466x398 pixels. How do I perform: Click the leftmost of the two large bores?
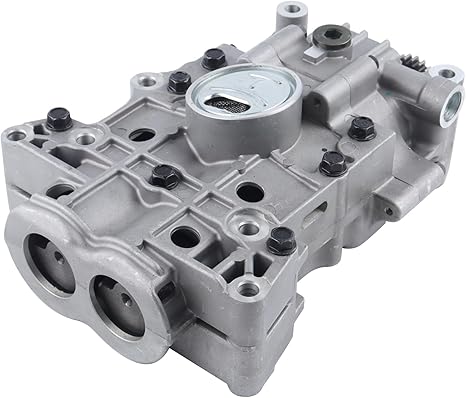point(49,268)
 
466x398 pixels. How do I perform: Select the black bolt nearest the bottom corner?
point(283,239)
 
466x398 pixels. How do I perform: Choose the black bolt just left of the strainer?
point(180,83)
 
